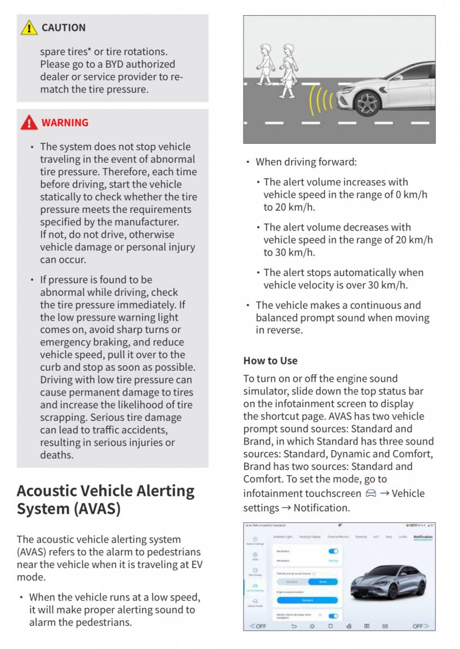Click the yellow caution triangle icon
(x=29, y=28)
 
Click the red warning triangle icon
(x=29, y=122)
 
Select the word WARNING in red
(x=65, y=122)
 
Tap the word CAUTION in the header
(x=63, y=28)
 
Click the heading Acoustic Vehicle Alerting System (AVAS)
(x=105, y=499)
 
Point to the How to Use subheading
(x=270, y=361)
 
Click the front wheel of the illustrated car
(x=367, y=103)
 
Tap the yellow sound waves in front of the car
(x=321, y=100)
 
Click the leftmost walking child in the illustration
(x=264, y=63)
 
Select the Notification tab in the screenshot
(x=422, y=537)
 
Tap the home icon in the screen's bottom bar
(x=312, y=626)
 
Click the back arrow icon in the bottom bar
(x=294, y=626)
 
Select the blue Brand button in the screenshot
(x=323, y=581)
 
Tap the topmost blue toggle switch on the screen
(x=333, y=551)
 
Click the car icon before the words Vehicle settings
(x=370, y=494)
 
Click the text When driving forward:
(x=306, y=162)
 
